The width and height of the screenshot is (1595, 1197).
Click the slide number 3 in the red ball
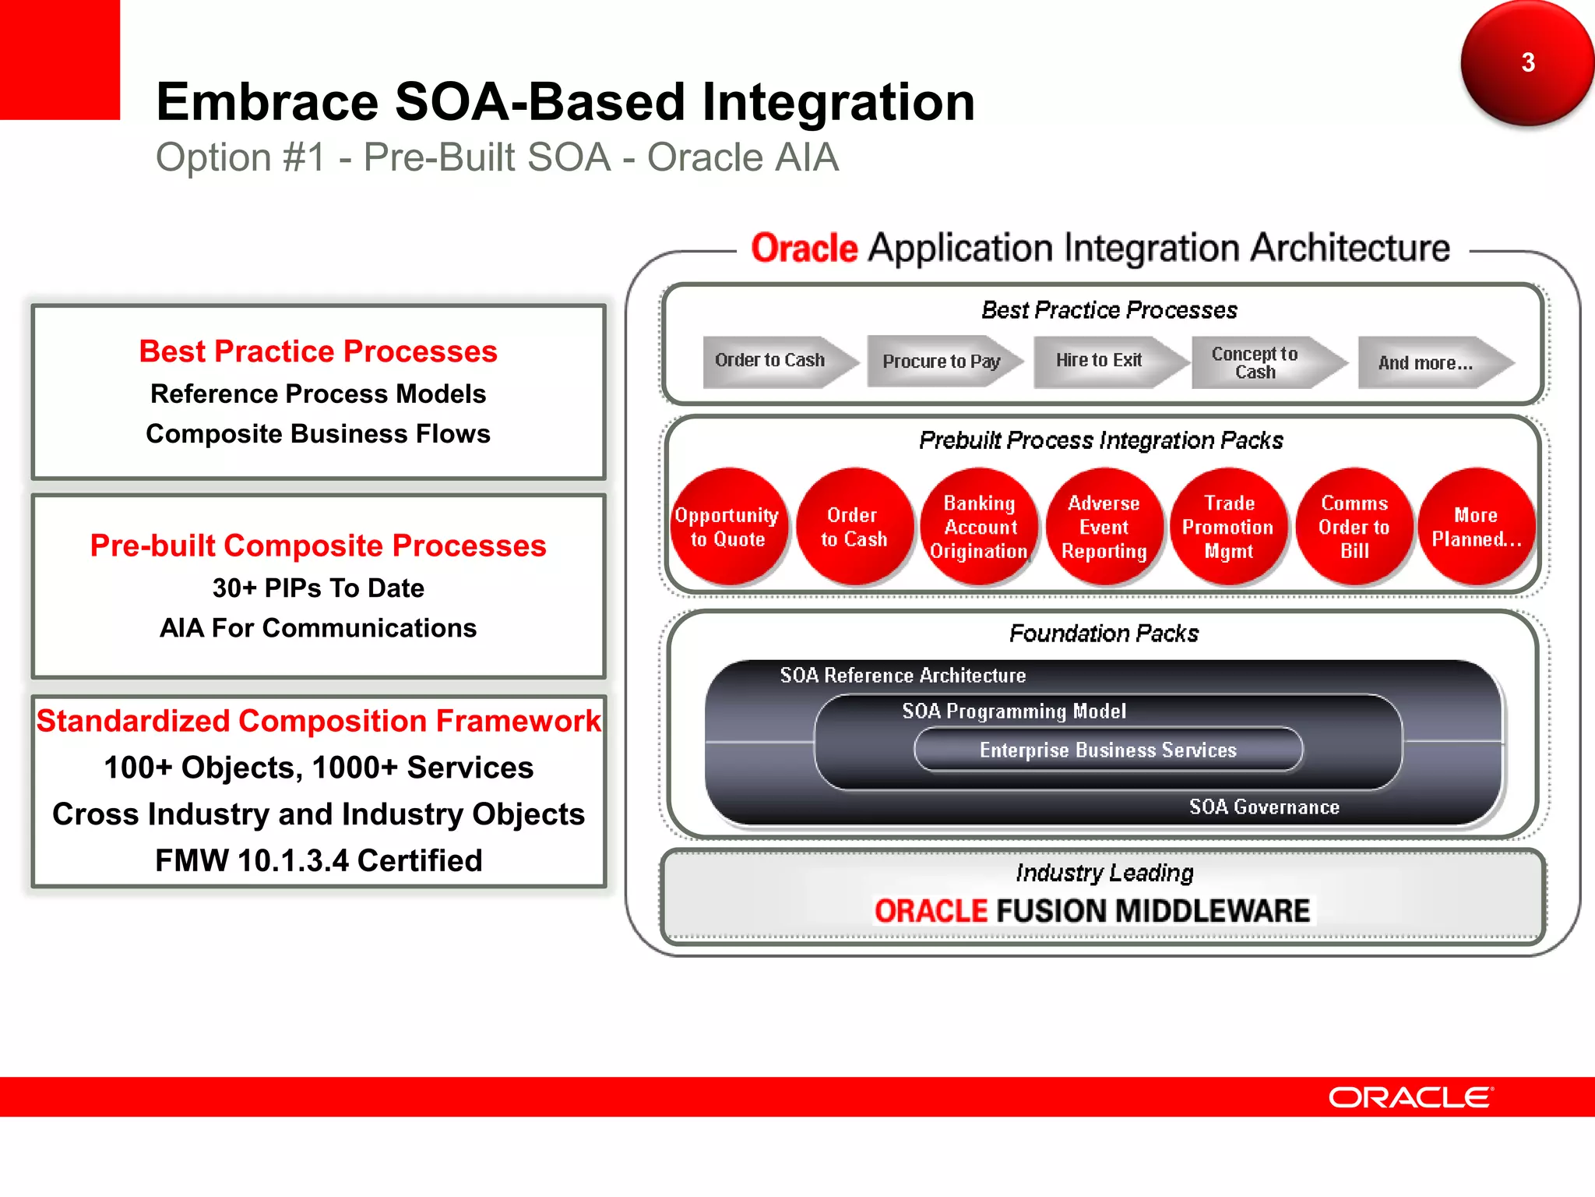pyautogui.click(x=1527, y=62)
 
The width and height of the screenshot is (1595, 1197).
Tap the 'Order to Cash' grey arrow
pyautogui.click(x=771, y=361)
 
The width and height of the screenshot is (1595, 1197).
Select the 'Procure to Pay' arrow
pyautogui.click(x=941, y=362)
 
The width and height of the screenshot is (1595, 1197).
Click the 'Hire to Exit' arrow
pyautogui.click(x=1100, y=361)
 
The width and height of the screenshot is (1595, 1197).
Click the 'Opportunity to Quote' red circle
pyautogui.click(x=727, y=528)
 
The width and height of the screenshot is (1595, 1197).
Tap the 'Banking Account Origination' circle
pyautogui.click(x=980, y=528)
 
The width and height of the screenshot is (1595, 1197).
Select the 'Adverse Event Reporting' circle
pyautogui.click(x=1104, y=528)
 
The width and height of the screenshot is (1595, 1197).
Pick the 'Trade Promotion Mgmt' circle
pyautogui.click(x=1228, y=528)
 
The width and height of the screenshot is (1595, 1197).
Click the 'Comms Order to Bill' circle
pyautogui.click(x=1354, y=528)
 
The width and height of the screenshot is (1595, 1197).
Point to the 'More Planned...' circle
pyautogui.click(x=1476, y=528)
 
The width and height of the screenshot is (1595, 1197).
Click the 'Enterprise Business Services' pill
pyautogui.click(x=1107, y=750)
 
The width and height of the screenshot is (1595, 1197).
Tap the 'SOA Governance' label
pyautogui.click(x=1263, y=807)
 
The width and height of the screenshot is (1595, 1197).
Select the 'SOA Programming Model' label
pyautogui.click(x=1013, y=711)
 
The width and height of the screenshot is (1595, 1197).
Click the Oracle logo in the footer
pyautogui.click(x=1410, y=1097)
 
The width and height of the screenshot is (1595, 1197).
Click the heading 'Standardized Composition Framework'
pyautogui.click(x=319, y=721)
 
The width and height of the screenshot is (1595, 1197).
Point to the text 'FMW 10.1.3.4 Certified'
pyautogui.click(x=319, y=860)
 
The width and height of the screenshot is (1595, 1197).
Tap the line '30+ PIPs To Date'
pyautogui.click(x=319, y=588)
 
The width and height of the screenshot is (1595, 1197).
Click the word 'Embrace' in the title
pyautogui.click(x=268, y=102)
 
